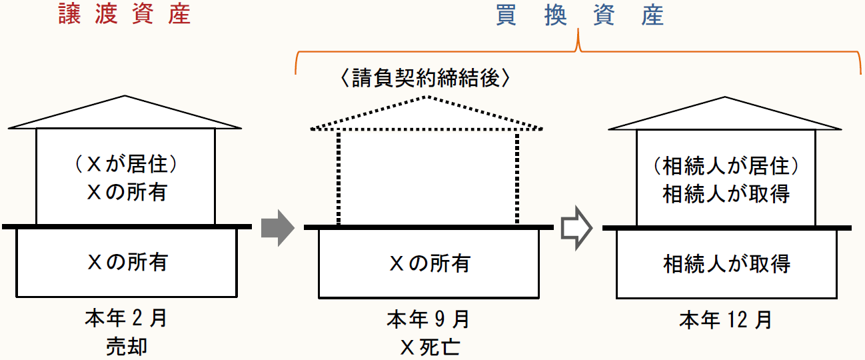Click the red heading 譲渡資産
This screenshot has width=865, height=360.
click(124, 15)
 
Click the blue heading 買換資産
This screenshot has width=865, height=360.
click(579, 15)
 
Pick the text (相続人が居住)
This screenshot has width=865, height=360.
click(726, 165)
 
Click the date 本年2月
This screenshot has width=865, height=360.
click(126, 318)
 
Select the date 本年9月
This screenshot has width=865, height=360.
click(428, 318)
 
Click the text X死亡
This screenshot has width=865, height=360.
click(428, 347)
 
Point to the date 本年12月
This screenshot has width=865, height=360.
click(726, 319)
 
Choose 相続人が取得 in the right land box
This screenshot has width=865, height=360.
click(726, 264)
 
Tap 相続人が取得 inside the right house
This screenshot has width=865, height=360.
click(726, 194)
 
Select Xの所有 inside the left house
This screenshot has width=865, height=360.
click(126, 193)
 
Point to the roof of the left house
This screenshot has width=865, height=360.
click(125, 113)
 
